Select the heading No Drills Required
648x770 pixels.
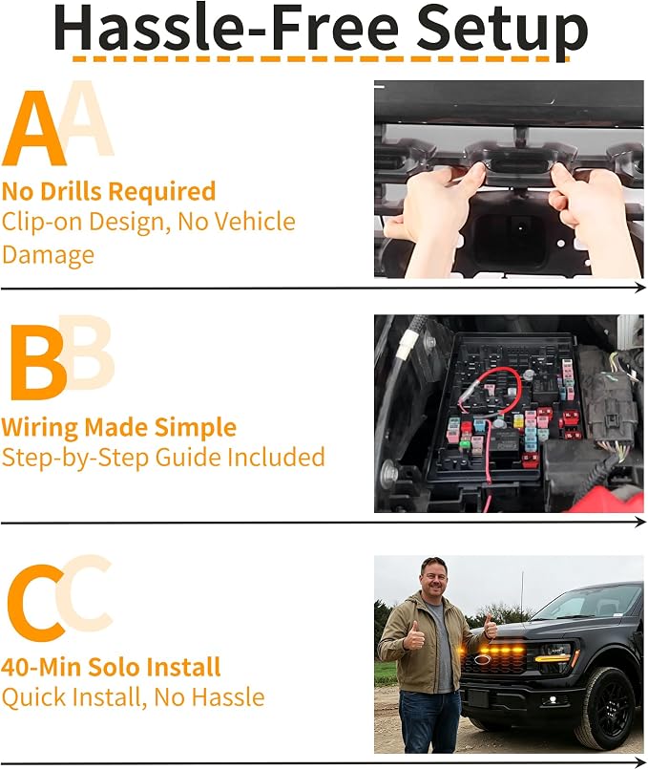109,191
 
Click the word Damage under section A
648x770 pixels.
48,255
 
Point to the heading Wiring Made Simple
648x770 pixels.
118,427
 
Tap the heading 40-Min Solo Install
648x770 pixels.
111,667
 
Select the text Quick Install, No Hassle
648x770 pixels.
133,697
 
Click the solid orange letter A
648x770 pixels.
34,129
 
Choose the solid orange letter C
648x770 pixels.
35,603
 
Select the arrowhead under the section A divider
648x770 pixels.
640,288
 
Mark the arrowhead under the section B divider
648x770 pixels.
640,522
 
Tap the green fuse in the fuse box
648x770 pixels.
465,445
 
